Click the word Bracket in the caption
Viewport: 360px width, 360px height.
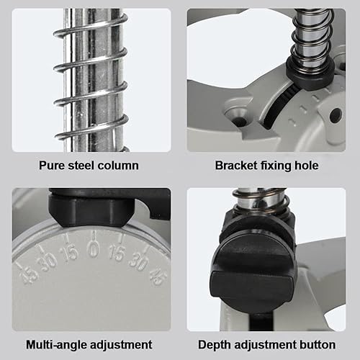(236, 166)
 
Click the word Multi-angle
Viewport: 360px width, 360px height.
(56, 345)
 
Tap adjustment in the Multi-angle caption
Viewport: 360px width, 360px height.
(121, 345)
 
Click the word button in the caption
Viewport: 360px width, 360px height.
(318, 345)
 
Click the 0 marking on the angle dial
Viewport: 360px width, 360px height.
(94, 248)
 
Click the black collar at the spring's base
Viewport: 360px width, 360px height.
(310, 73)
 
